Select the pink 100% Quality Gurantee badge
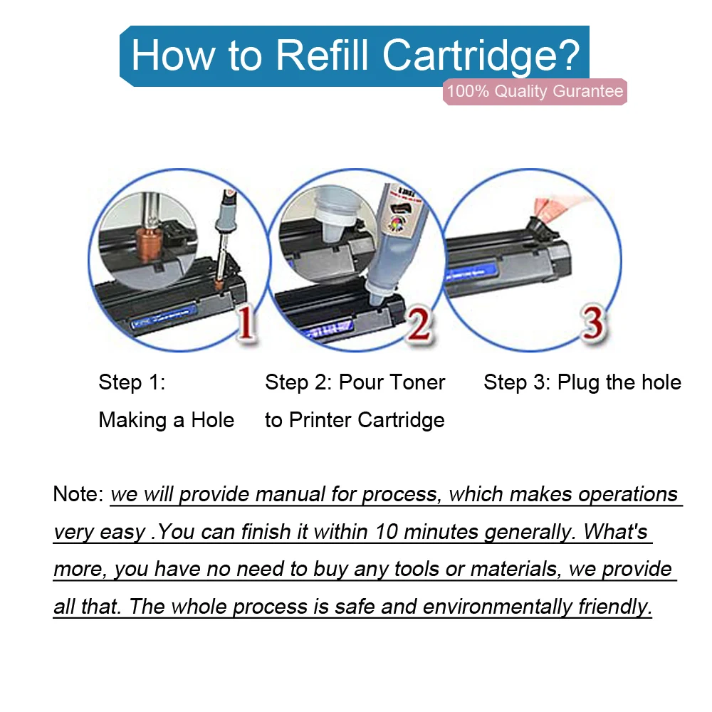[x=534, y=91]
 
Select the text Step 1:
[x=132, y=382]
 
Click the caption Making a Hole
[x=167, y=420]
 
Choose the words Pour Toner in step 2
[x=392, y=382]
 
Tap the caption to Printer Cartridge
[x=355, y=420]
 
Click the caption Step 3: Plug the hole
[x=582, y=382]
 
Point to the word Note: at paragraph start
[x=78, y=494]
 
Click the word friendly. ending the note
[x=615, y=607]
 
